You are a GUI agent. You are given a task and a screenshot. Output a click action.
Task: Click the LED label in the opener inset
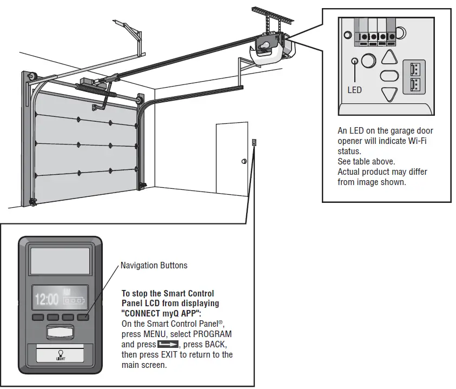[x=354, y=90]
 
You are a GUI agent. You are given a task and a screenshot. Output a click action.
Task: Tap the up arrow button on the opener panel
[x=389, y=57]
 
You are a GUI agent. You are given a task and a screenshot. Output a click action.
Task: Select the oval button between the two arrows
[x=389, y=76]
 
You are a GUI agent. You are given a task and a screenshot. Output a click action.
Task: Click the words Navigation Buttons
[x=154, y=265]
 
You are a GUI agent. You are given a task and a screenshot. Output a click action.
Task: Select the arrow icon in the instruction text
[x=168, y=344]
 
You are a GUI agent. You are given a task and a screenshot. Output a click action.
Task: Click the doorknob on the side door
[x=243, y=161]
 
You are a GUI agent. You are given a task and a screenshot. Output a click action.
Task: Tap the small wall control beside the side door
[x=254, y=143]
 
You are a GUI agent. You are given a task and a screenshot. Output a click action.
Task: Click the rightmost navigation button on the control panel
[x=84, y=317]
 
